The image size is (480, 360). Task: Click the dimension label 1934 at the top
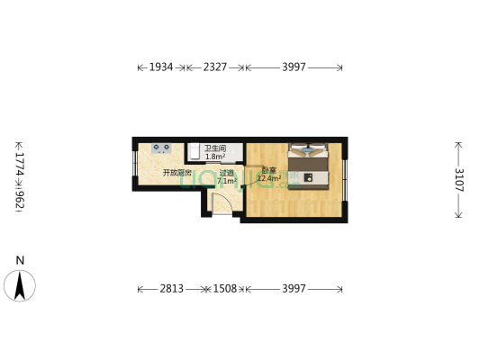click(x=161, y=67)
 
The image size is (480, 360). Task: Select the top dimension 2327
click(x=215, y=67)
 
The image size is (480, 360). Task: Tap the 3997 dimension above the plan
click(x=294, y=67)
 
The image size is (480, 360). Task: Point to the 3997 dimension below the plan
click(x=294, y=289)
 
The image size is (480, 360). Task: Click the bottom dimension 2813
click(x=172, y=289)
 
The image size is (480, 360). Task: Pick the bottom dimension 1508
click(x=224, y=289)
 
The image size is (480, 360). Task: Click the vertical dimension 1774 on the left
click(x=19, y=158)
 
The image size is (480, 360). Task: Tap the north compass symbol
click(x=20, y=285)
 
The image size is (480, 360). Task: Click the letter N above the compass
click(x=20, y=261)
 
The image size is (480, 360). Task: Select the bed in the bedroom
click(x=312, y=165)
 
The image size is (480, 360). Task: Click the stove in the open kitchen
click(x=162, y=148)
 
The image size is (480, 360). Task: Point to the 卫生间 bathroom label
click(x=214, y=148)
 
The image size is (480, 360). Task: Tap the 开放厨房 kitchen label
click(x=177, y=172)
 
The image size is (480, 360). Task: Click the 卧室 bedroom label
click(x=268, y=170)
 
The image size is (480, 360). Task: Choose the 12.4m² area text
click(x=269, y=179)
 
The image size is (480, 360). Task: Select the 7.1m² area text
click(x=227, y=181)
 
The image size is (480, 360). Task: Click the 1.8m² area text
click(x=214, y=157)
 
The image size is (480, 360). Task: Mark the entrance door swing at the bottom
click(x=222, y=203)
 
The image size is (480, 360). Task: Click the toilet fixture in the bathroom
click(x=194, y=150)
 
